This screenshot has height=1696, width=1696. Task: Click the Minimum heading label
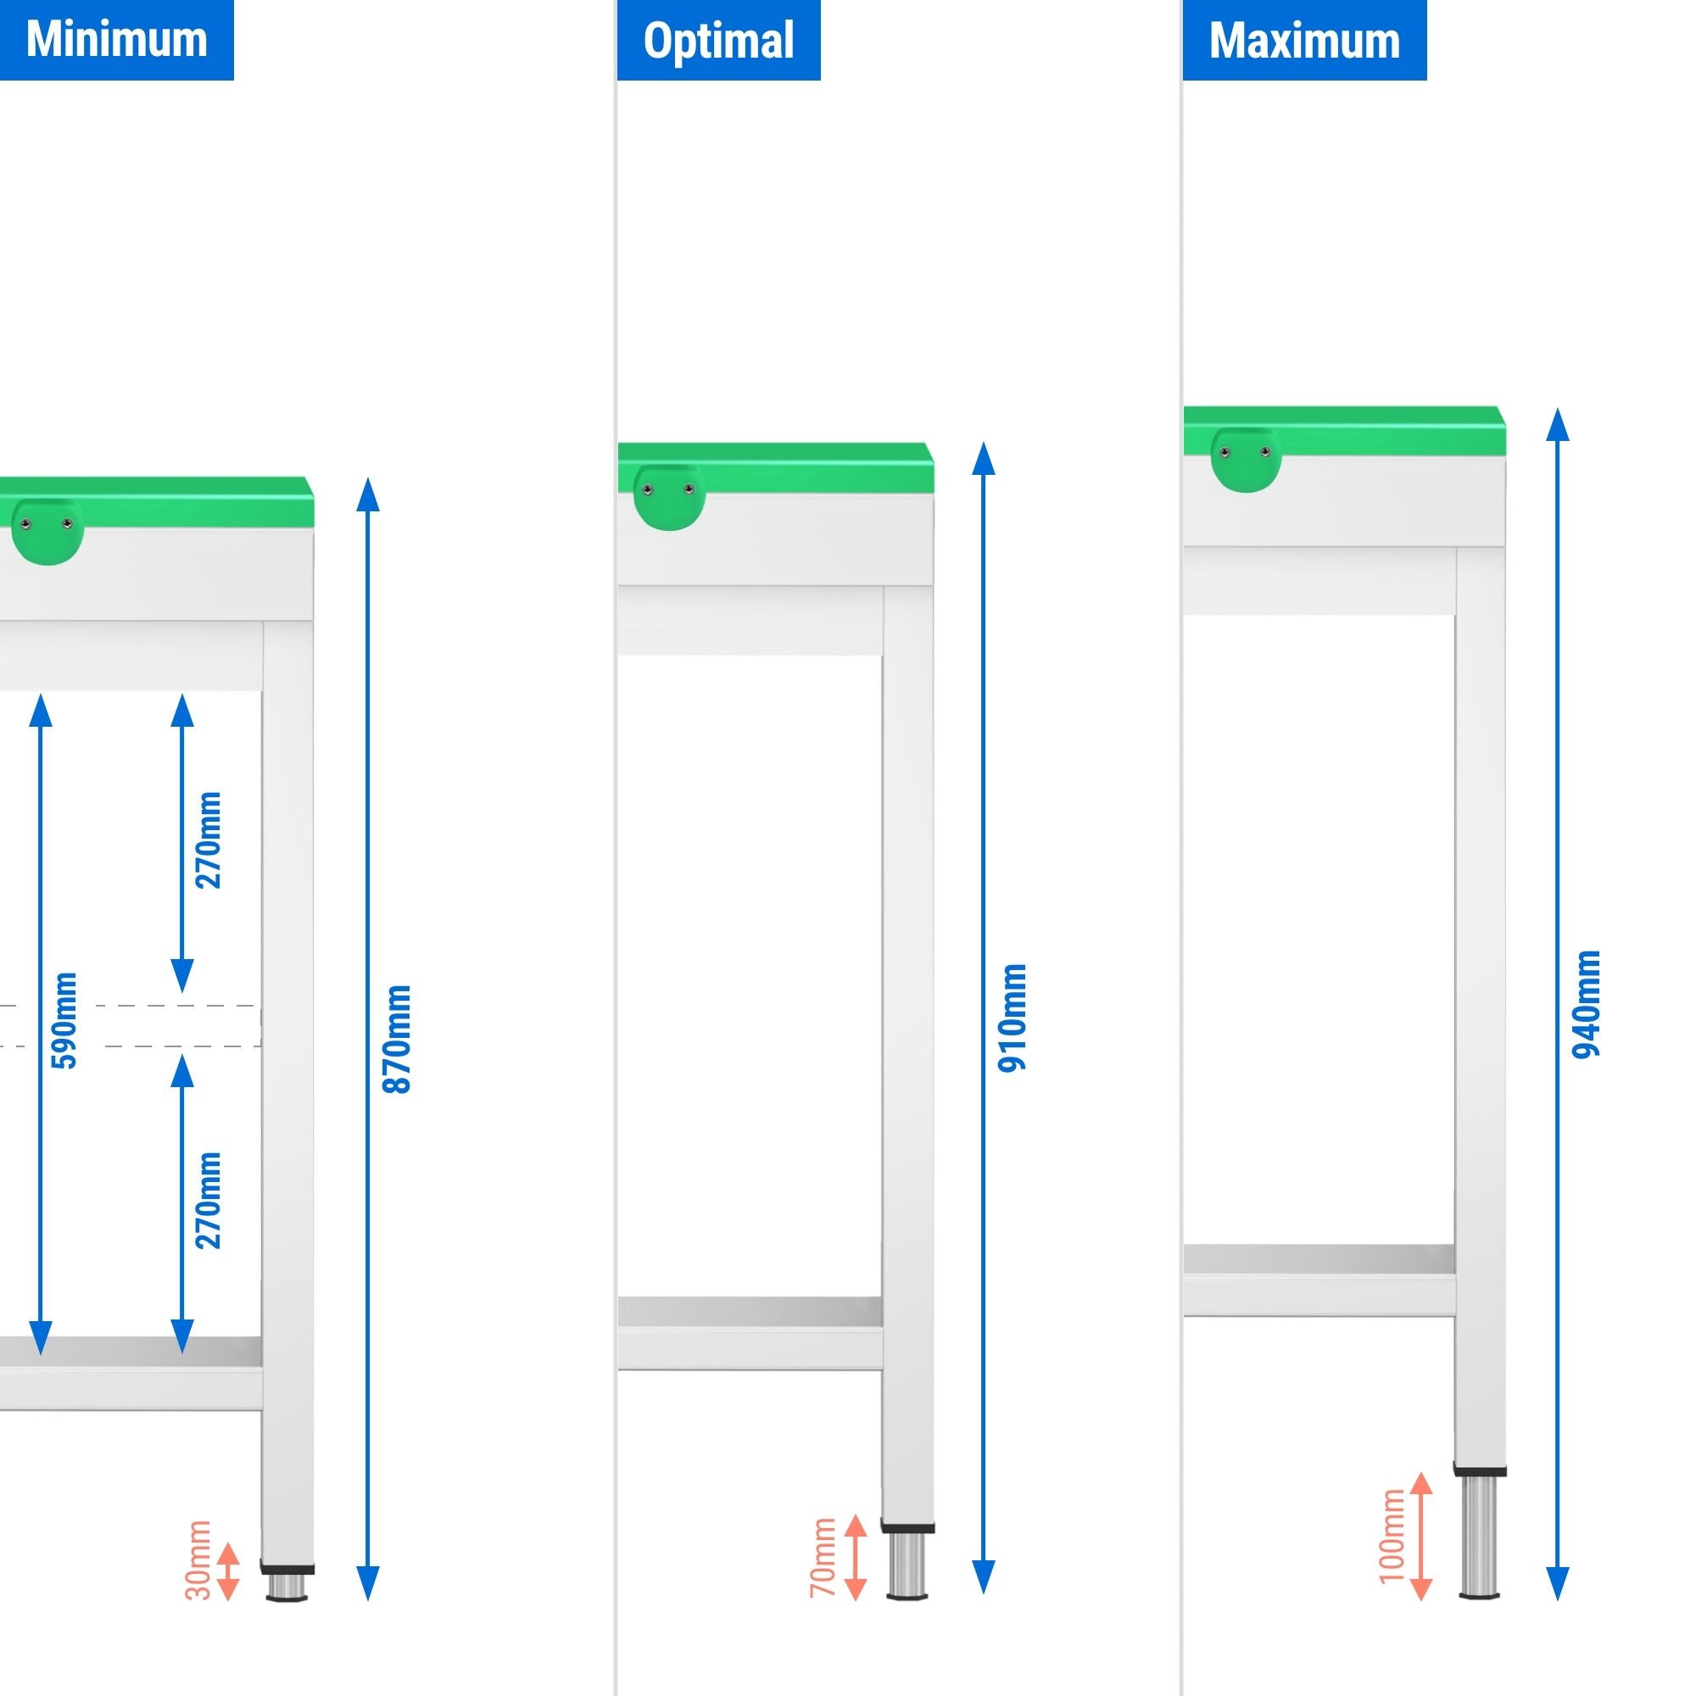[x=116, y=40]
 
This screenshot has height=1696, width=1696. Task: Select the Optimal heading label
[x=718, y=41]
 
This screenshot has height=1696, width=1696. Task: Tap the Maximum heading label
[x=1303, y=41]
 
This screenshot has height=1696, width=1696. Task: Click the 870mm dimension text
[x=398, y=1039]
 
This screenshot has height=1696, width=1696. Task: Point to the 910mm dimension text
[x=1013, y=1018]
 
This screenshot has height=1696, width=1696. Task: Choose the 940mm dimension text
[x=1587, y=1004]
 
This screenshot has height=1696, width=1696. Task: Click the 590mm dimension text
[x=65, y=1020]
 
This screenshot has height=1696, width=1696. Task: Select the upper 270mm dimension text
[x=209, y=840]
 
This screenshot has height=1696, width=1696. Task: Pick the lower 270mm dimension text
[x=209, y=1200]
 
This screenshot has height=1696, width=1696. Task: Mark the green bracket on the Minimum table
[x=47, y=530]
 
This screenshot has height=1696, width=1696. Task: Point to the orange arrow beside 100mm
[x=1420, y=1537]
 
